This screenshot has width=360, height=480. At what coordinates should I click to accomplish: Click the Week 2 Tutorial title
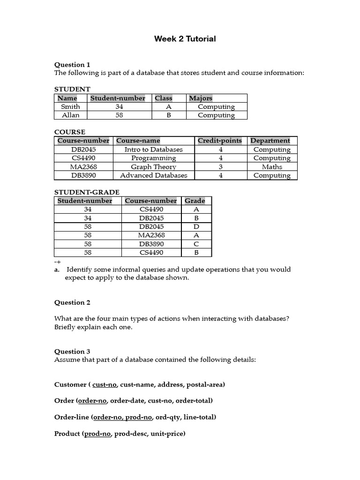coord(185,39)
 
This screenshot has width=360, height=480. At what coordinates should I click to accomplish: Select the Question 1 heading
coord(72,65)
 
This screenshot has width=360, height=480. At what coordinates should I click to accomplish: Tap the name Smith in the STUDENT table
coord(71,106)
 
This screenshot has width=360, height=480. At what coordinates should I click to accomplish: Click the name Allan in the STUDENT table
coord(71,115)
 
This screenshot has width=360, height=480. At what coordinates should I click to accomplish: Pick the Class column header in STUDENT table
coord(164,98)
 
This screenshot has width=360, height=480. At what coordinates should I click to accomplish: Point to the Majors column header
coord(201,98)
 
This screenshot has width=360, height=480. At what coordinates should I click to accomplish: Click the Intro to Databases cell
coord(153,150)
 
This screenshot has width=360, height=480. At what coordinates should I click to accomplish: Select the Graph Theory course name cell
coord(153,167)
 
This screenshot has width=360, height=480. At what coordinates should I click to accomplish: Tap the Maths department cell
coord(272,167)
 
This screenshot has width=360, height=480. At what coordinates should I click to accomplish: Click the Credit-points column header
coord(220,141)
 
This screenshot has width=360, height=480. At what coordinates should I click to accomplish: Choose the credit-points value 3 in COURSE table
coord(220,167)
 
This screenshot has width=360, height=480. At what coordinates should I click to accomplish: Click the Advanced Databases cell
coord(153,175)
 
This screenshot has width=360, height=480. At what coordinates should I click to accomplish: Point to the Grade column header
coord(195,201)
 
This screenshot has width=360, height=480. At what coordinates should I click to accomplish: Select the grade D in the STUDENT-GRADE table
coord(196,227)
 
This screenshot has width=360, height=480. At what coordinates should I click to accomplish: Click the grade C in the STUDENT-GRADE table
coord(196,244)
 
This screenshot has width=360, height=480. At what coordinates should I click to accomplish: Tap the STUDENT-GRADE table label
coord(87,192)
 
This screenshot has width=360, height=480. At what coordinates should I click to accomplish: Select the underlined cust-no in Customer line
coord(105,385)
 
